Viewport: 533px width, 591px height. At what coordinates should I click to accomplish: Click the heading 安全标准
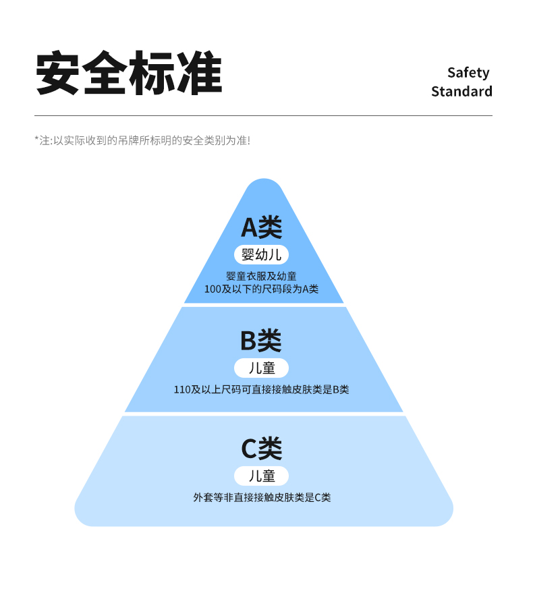pyautogui.click(x=129, y=73)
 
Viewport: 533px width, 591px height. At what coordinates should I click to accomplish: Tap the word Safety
pyautogui.click(x=468, y=72)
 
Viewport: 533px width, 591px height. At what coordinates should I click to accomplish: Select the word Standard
pyautogui.click(x=461, y=91)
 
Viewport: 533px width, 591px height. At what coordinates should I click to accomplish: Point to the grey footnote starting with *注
pyautogui.click(x=142, y=140)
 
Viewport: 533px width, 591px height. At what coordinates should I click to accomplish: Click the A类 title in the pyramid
pyautogui.click(x=262, y=227)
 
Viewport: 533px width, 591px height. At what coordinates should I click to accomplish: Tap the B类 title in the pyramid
pyautogui.click(x=261, y=340)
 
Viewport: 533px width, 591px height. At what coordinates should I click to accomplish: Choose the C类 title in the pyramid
pyautogui.click(x=262, y=448)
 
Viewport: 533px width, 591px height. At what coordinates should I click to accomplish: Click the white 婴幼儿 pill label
pyautogui.click(x=261, y=255)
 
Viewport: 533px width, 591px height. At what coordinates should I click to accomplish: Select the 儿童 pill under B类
pyautogui.click(x=261, y=368)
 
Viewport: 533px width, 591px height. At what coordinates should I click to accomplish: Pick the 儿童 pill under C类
pyautogui.click(x=261, y=476)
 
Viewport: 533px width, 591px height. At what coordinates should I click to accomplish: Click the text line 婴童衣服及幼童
pyautogui.click(x=261, y=277)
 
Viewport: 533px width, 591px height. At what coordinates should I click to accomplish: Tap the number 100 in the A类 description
pyautogui.click(x=213, y=289)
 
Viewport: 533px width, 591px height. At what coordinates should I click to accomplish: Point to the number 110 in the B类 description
pyautogui.click(x=182, y=390)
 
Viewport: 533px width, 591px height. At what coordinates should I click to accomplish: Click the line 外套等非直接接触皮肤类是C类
pyautogui.click(x=262, y=497)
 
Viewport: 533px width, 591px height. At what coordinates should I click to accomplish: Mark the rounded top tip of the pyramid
pyautogui.click(x=264, y=179)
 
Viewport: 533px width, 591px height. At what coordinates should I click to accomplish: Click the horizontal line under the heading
pyautogui.click(x=264, y=116)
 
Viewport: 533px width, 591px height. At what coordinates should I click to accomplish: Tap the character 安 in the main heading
pyautogui.click(x=57, y=73)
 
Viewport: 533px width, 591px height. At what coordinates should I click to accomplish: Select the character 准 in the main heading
pyautogui.click(x=200, y=73)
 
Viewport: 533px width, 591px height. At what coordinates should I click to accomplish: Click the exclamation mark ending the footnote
pyautogui.click(x=248, y=140)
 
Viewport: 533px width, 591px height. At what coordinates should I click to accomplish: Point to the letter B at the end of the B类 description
pyautogui.click(x=336, y=390)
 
